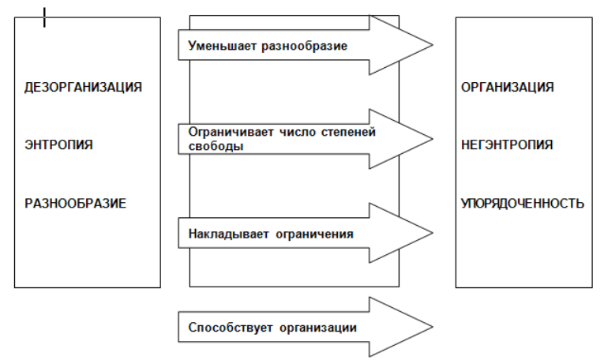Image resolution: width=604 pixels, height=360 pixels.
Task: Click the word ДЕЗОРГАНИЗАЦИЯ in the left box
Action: click(x=83, y=88)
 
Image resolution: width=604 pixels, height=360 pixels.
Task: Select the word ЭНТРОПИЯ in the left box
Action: click(x=58, y=144)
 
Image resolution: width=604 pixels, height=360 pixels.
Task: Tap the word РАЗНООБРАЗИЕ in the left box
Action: click(x=76, y=204)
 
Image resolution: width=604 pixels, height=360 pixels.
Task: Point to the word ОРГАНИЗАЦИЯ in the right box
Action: click(x=508, y=88)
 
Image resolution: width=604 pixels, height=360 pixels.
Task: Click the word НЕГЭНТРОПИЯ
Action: click(x=507, y=144)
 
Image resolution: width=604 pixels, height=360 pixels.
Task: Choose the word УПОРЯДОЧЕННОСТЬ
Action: click(x=523, y=204)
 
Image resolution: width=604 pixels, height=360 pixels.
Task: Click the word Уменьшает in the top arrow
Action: click(x=223, y=46)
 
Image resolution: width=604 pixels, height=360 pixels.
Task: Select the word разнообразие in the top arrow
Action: click(x=304, y=47)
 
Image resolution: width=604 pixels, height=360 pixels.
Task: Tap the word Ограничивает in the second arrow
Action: click(x=231, y=132)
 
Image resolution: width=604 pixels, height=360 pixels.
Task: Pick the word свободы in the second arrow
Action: click(x=216, y=146)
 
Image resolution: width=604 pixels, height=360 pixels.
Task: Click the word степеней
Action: click(x=348, y=132)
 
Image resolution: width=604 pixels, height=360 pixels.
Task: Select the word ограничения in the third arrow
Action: click(x=314, y=234)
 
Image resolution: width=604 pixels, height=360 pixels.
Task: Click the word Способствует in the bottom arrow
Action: click(x=231, y=328)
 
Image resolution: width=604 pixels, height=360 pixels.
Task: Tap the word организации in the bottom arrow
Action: click(x=318, y=328)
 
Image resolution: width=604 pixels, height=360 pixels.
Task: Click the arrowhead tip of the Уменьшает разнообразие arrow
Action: click(x=433, y=45)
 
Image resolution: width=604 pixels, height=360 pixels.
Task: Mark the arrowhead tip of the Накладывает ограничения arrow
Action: click(x=433, y=233)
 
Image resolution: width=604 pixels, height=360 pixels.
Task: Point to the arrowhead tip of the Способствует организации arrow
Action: click(x=433, y=327)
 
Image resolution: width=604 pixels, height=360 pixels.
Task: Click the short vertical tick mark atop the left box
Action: click(x=45, y=17)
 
